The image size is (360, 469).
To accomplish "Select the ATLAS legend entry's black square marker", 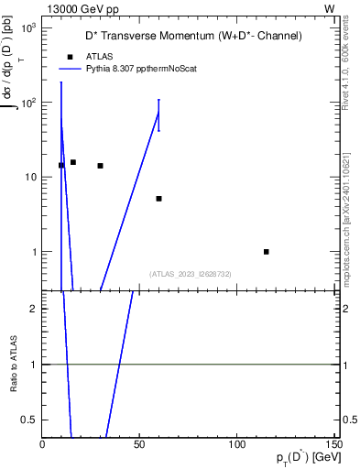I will tap(70, 56).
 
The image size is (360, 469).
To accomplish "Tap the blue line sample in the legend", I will tap(71, 68).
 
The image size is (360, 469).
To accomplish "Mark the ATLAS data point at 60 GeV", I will tap(158, 199).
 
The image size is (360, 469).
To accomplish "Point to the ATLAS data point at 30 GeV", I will tap(100, 166).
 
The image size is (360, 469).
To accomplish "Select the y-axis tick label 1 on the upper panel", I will tap(34, 252).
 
